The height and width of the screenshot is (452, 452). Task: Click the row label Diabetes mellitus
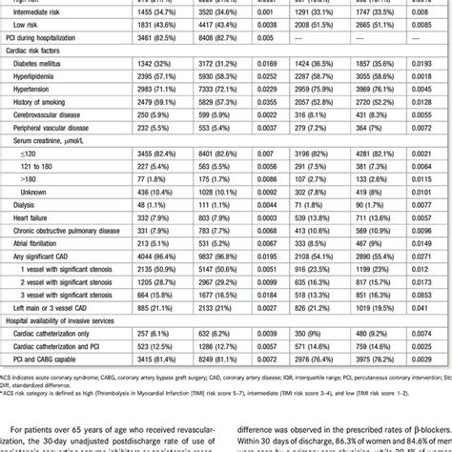point(47,61)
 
